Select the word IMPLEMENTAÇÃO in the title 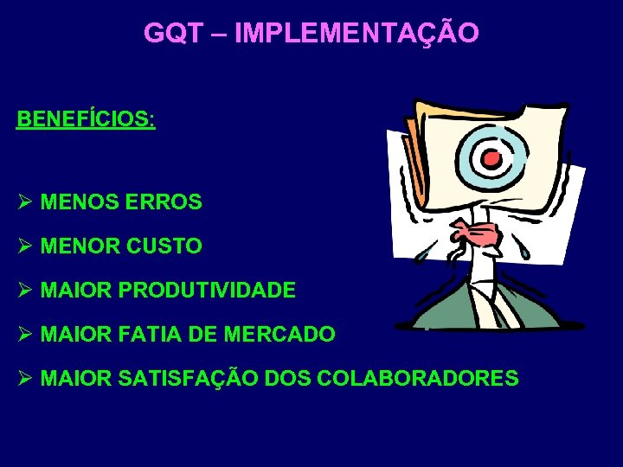tap(356, 33)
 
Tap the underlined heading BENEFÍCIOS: tap(86, 118)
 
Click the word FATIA tap(141, 334)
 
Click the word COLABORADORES tap(419, 378)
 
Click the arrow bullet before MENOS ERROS tap(24, 202)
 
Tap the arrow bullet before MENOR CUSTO tap(24, 246)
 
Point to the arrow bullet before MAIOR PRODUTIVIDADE tap(24, 290)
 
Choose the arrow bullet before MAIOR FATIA tap(24, 334)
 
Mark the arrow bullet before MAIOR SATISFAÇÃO tap(24, 378)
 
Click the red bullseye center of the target tap(492, 157)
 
